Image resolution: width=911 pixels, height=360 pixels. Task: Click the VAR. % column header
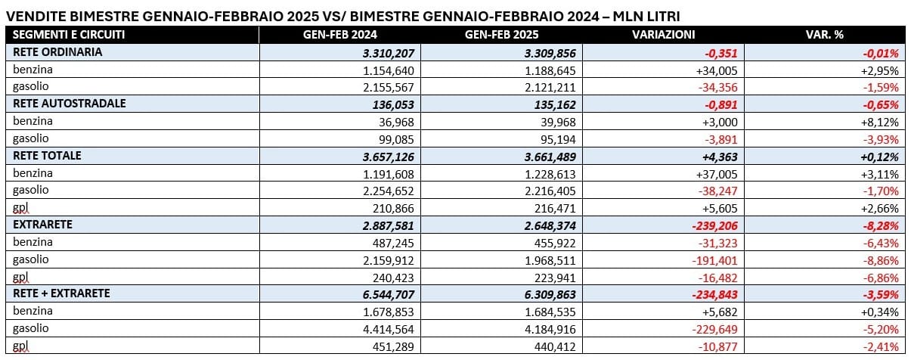coord(824,35)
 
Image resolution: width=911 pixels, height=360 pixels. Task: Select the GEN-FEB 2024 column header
coord(339,35)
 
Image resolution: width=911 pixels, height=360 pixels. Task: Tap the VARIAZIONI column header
coord(663,35)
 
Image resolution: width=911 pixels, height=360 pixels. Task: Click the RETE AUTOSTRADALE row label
coord(69,104)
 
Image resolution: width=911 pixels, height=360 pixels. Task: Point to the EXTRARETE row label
coord(42,225)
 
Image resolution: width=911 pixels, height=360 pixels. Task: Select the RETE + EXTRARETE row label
coord(61,293)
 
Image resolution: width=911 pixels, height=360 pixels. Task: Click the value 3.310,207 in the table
coord(388,53)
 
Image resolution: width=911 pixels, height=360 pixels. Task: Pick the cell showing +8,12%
coord(879,122)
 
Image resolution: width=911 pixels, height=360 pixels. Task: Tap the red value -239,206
coord(714,226)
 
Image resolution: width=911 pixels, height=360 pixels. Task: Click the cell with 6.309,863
coord(550,294)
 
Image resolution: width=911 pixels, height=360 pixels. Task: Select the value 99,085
coord(396,139)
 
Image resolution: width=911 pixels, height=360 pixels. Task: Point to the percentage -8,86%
coord(881,260)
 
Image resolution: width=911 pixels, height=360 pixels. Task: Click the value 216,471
coord(555,209)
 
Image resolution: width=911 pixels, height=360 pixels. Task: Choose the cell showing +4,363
coord(720,157)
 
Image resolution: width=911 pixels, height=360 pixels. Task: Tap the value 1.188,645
coord(550,71)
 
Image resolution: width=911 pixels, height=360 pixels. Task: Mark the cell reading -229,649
coord(714,329)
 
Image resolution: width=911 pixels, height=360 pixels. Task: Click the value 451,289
coord(393,346)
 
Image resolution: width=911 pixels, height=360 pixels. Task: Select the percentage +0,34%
coord(879,312)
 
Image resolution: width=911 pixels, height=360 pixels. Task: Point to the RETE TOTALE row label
coord(47,155)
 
